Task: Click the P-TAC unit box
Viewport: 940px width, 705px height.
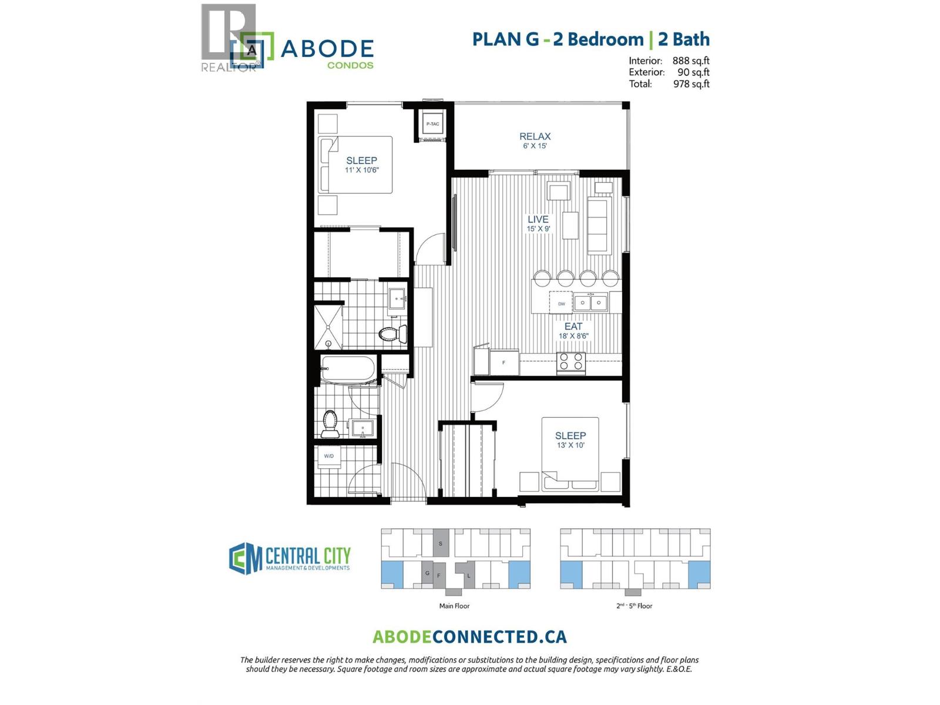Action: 432,124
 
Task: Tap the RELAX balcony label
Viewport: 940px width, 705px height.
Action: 535,136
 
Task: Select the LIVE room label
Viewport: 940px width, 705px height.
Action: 538,219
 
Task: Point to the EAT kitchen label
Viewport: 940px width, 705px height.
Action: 573,326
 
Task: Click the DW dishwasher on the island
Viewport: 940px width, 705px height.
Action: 561,303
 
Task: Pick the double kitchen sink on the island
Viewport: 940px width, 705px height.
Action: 590,303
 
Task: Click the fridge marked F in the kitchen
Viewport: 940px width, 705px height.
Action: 504,362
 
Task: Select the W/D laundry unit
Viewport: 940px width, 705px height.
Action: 329,456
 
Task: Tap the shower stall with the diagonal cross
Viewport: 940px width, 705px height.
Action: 328,327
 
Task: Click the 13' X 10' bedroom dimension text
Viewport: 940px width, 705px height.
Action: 570,445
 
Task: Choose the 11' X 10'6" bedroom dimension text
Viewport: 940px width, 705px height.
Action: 362,170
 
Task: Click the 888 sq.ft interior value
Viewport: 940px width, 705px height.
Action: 691,61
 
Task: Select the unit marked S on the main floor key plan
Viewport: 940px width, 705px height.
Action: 441,543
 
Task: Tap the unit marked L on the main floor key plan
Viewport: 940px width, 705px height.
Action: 468,575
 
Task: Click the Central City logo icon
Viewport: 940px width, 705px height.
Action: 245,558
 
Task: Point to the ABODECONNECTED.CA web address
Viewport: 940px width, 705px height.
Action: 469,637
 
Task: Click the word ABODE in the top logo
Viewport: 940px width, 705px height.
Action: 327,49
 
